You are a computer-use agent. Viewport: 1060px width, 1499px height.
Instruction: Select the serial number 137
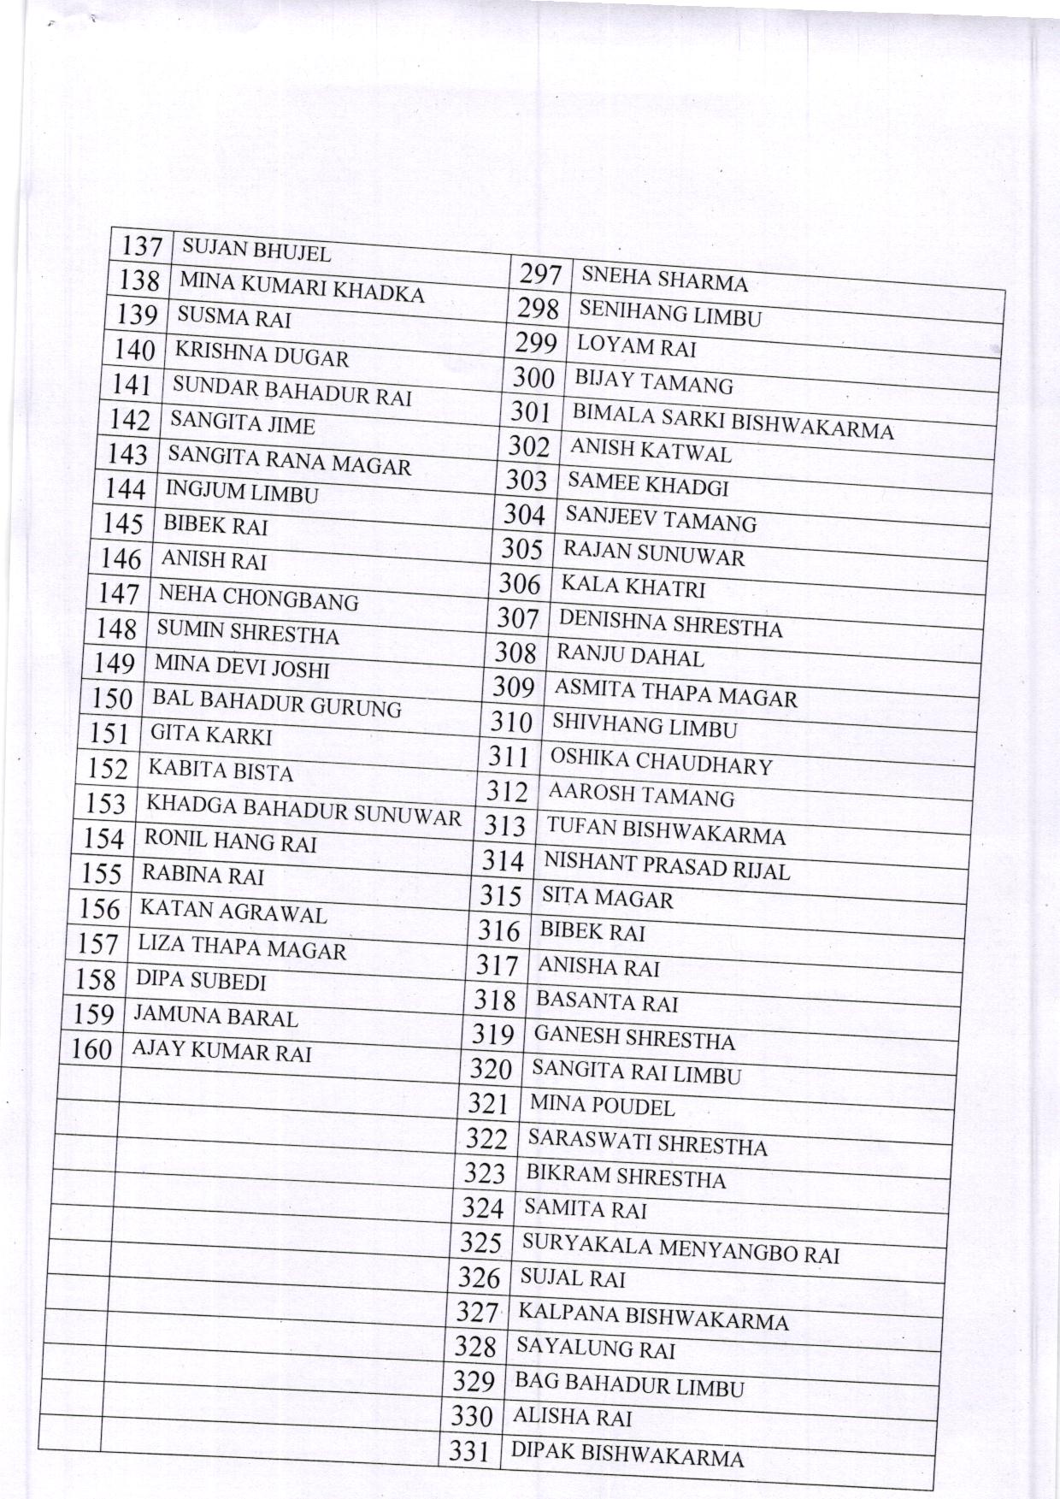pos(141,246)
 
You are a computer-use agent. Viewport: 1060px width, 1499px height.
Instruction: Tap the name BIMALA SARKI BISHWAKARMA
pos(733,422)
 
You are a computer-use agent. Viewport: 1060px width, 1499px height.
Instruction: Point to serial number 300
pos(534,377)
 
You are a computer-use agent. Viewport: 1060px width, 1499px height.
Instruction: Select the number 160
pos(91,1048)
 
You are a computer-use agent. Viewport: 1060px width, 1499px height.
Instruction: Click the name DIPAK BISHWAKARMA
pos(627,1453)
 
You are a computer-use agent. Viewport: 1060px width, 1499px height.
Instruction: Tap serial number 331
pos(468,1450)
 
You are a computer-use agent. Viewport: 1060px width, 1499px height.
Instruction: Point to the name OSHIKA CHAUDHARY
pos(661,761)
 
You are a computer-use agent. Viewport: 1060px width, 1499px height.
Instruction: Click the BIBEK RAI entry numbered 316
pos(592,932)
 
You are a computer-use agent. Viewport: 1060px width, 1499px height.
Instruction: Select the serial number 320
pos(491,1069)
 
